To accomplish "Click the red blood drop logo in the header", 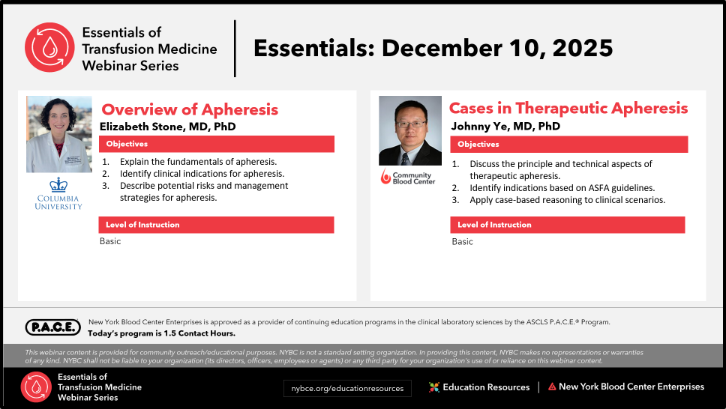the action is point(49,47).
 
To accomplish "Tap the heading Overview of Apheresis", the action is point(190,109).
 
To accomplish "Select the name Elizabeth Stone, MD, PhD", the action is point(167,127).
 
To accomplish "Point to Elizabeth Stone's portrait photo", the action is point(58,134).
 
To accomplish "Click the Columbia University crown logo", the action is point(58,185).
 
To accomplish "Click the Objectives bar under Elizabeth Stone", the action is point(216,144).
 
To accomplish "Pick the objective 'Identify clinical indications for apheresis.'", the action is point(202,174).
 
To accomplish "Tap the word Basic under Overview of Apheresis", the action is point(110,241).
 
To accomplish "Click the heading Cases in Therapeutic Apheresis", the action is point(568,109).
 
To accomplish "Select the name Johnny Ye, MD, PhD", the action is point(505,127).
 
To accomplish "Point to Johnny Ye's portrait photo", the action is point(410,130).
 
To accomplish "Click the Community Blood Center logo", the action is point(408,177).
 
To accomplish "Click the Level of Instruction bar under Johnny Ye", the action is point(568,225).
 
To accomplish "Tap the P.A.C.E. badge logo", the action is point(53,327).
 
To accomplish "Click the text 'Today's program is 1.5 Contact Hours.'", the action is point(161,333).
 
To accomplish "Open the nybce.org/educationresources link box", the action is point(347,389).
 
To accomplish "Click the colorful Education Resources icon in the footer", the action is point(433,387).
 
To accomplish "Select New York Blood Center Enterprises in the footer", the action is point(626,387).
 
